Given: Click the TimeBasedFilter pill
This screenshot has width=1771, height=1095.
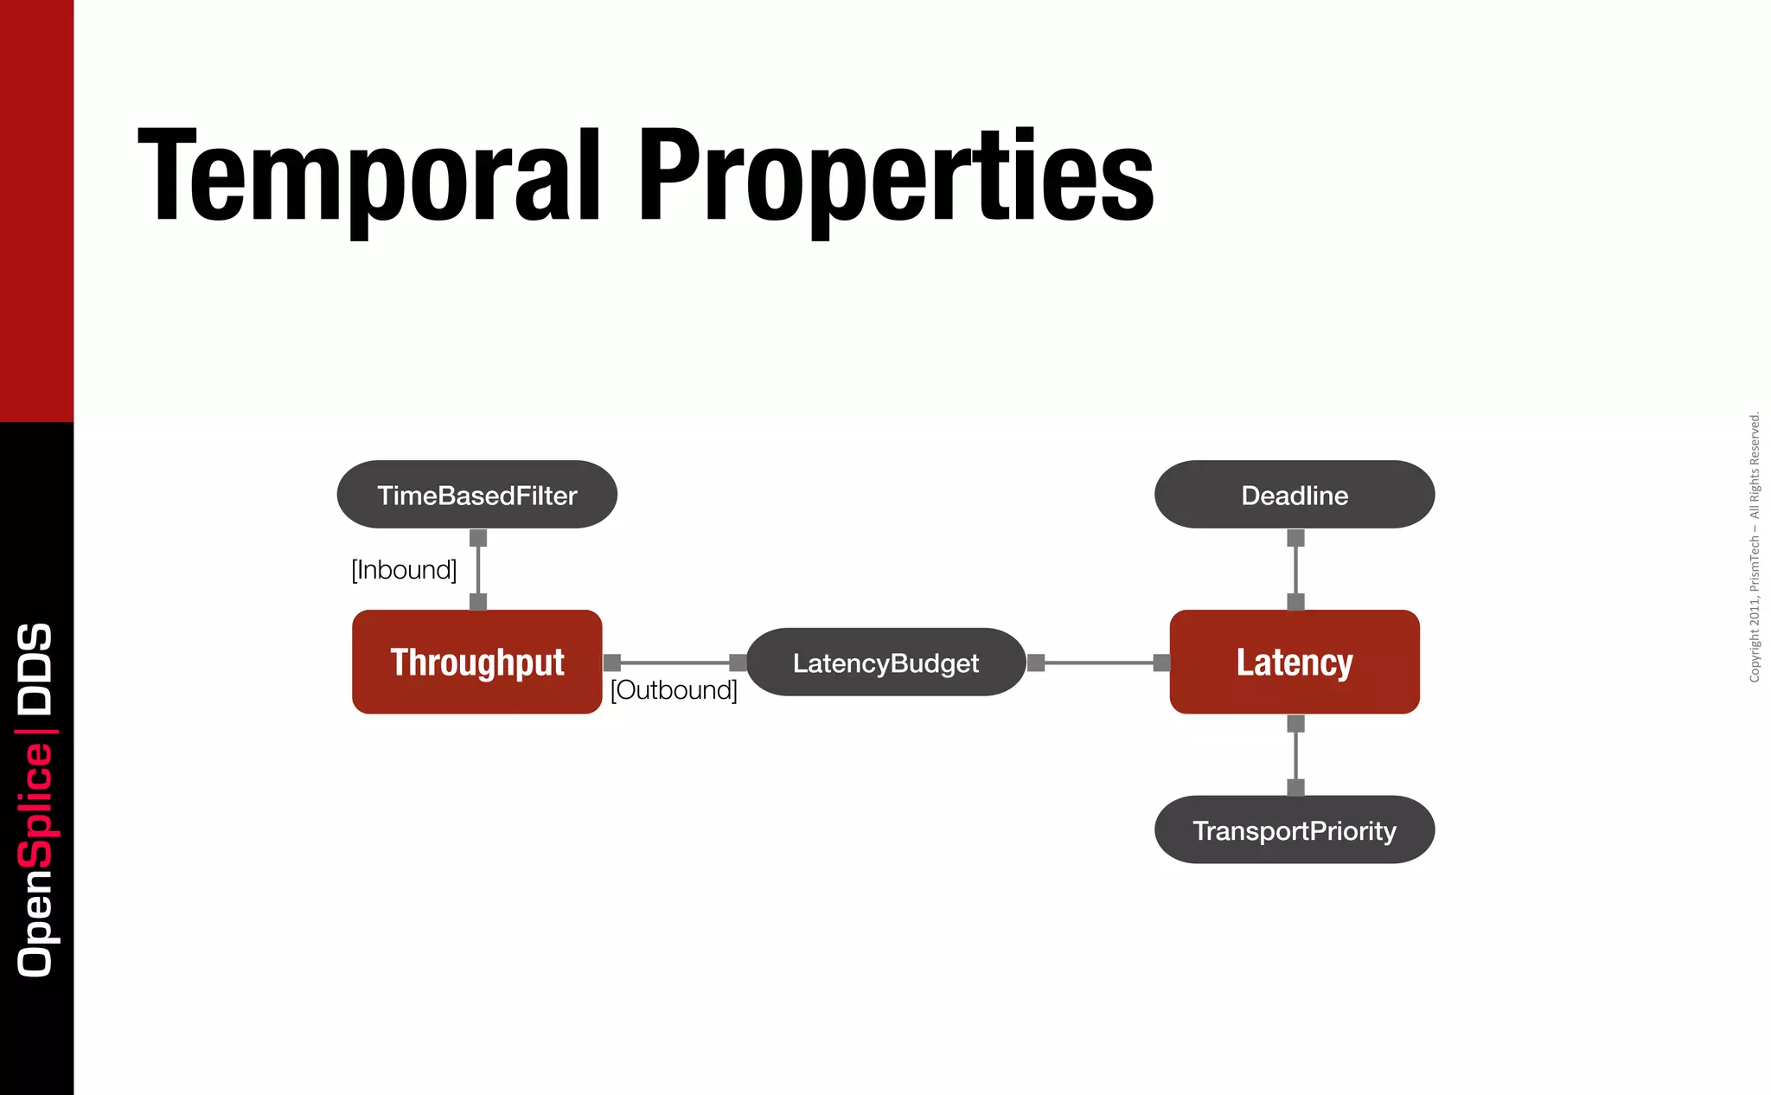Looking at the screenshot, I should pos(476,495).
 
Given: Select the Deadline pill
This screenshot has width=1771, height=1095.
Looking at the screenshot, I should pos(1294,495).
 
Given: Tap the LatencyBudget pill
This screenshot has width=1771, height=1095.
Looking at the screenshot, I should pos(885,663).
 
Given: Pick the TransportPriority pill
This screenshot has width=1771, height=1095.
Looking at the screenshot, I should pos(1294,830).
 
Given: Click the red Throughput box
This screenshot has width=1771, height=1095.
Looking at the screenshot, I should pos(476,663).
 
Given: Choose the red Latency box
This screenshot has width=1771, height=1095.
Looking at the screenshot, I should pos(1294,663).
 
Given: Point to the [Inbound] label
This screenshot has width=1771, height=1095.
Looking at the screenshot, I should pos(404,570).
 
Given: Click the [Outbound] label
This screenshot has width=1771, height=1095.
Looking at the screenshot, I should pos(674,690).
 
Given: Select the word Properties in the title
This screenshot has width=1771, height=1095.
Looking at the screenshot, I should pos(896,176).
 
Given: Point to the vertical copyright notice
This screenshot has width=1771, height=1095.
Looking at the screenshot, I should pos(1754,547).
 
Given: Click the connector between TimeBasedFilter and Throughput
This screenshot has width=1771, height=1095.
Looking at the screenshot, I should pos(478,570).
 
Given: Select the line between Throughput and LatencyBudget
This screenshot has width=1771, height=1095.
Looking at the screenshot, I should pos(675,663).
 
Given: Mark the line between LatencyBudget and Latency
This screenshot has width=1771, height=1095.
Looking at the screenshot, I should pos(1098,663).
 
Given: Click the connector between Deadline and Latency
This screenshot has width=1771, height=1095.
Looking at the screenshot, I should pos(1295,570).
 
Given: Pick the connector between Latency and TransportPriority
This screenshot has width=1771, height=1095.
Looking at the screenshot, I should pos(1295,755).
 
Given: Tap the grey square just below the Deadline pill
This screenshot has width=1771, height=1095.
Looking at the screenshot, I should pos(1295,538).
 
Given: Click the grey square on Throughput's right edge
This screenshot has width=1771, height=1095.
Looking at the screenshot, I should pos(612,663).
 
